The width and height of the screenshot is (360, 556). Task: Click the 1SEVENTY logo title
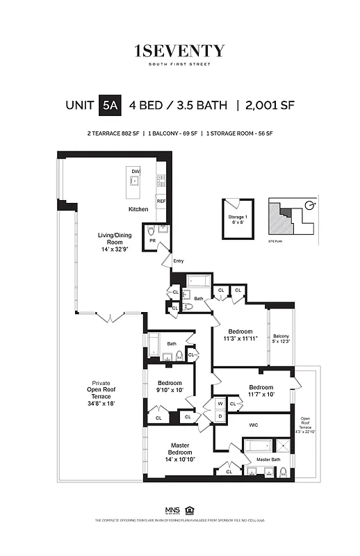pos(179,51)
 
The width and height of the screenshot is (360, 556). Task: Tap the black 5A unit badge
pos(110,106)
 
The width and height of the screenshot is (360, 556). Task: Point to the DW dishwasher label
pos(136,171)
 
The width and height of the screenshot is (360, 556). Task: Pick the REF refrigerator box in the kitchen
pos(161,202)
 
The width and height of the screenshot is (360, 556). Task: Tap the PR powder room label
pos(152,241)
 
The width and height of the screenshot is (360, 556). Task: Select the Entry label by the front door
pos(178,261)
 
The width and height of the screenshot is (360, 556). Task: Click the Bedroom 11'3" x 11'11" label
pos(240,335)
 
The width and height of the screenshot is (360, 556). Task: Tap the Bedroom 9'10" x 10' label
pos(170,386)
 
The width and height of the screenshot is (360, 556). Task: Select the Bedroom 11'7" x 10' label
pos(261,391)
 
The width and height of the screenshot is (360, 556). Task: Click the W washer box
pos(220,404)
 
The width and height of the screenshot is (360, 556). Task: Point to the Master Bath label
pos(268,459)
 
